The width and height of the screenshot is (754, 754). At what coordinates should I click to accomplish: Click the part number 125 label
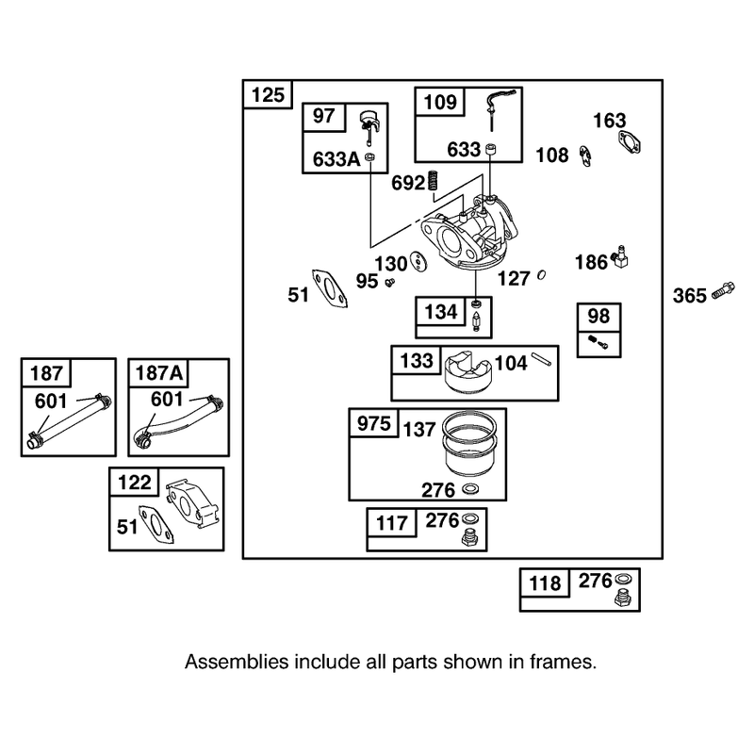pyautogui.click(x=268, y=95)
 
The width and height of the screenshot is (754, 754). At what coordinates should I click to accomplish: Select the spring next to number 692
pyautogui.click(x=434, y=180)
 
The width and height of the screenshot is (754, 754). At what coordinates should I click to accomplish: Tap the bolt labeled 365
pyautogui.click(x=722, y=289)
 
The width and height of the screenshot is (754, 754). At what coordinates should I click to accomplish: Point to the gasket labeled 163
pyautogui.click(x=629, y=142)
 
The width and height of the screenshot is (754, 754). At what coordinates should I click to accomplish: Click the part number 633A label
pyautogui.click(x=336, y=159)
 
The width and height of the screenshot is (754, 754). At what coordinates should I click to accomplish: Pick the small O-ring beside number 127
pyautogui.click(x=541, y=275)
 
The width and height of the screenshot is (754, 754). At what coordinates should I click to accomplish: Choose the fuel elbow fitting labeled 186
pyautogui.click(x=620, y=257)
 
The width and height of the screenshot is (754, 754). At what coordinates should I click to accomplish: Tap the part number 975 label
pyautogui.click(x=373, y=423)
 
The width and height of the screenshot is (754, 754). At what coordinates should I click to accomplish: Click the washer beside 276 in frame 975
pyautogui.click(x=470, y=489)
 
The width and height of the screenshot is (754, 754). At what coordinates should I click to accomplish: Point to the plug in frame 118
pyautogui.click(x=623, y=598)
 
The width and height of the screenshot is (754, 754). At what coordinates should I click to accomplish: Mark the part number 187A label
pyautogui.click(x=158, y=373)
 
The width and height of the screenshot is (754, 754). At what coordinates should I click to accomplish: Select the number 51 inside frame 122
pyautogui.click(x=127, y=527)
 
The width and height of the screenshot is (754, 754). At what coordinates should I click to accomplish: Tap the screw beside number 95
pyautogui.click(x=389, y=282)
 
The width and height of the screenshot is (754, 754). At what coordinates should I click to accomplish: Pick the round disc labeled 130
pyautogui.click(x=419, y=261)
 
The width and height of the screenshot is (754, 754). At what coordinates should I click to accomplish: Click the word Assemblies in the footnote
pyautogui.click(x=237, y=663)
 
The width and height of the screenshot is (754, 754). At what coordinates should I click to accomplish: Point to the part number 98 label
pyautogui.click(x=598, y=317)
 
